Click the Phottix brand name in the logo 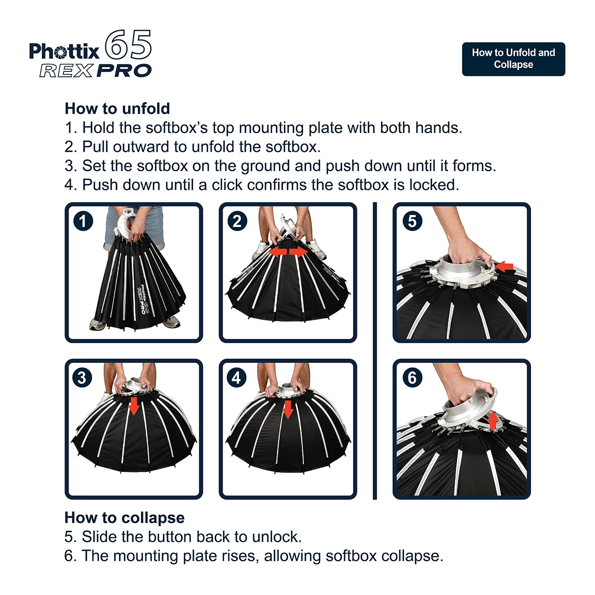(64, 51)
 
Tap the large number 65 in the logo (128, 45)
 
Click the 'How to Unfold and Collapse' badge (513, 59)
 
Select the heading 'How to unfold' (118, 109)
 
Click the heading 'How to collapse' (124, 518)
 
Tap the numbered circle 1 (83, 221)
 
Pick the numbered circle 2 (237, 221)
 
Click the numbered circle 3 (82, 377)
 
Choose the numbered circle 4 (237, 377)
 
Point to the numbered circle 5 (413, 221)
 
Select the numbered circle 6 (413, 377)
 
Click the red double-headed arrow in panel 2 (288, 252)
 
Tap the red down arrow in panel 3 (134, 406)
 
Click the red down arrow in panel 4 (288, 410)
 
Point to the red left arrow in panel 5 (504, 266)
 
